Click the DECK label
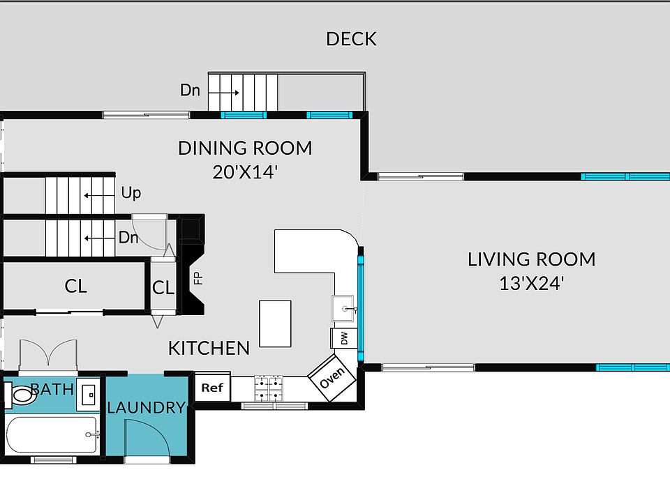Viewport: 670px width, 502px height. (351, 39)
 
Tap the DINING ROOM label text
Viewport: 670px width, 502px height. (245, 148)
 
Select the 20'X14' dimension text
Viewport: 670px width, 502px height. (245, 172)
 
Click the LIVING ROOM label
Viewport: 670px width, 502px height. (532, 259)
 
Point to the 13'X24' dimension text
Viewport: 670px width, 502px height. (532, 283)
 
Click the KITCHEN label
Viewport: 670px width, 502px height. (209, 349)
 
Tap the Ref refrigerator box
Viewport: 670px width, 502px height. (212, 387)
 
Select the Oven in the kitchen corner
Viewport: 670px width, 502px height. (332, 378)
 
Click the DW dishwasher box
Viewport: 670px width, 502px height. (344, 338)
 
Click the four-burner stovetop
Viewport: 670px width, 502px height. (269, 388)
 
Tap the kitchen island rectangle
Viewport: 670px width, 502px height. (275, 324)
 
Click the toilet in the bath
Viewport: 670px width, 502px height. (20, 395)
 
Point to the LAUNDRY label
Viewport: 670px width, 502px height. (147, 408)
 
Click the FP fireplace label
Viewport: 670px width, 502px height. (198, 278)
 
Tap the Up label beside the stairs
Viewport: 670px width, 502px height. (131, 193)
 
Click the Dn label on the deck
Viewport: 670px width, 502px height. (190, 90)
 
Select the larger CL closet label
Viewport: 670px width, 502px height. (75, 286)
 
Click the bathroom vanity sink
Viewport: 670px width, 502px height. (89, 395)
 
